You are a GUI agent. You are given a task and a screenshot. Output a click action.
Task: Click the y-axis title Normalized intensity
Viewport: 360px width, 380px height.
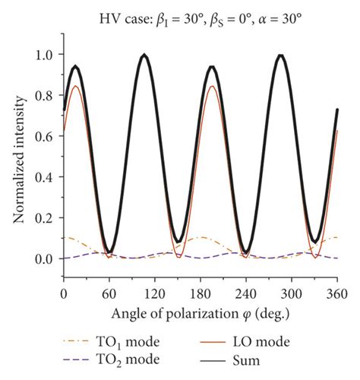17,160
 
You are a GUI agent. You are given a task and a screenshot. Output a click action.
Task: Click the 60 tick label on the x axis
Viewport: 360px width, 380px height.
108,293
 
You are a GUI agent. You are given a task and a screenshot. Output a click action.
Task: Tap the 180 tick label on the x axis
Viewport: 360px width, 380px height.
200,293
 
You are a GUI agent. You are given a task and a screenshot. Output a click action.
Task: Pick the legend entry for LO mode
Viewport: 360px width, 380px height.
262,343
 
